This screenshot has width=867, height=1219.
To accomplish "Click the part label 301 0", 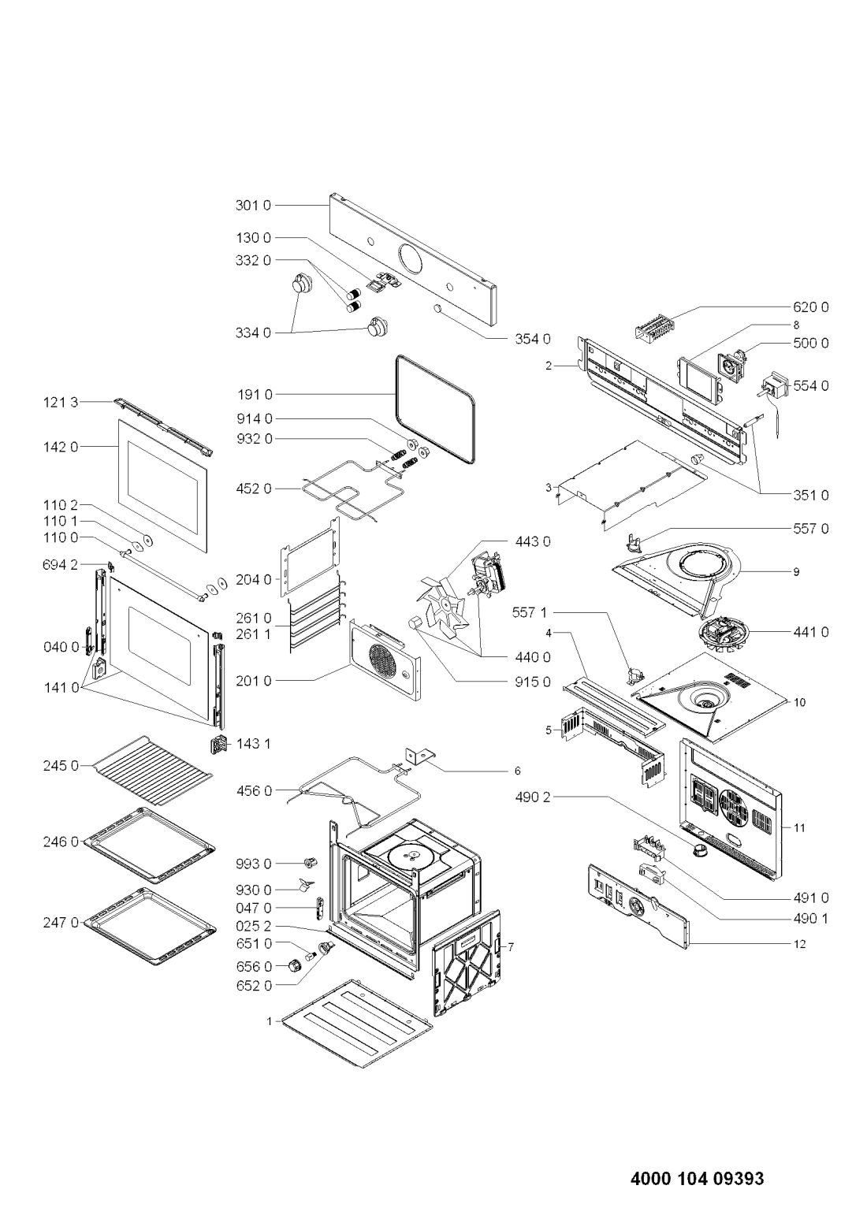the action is point(252,205).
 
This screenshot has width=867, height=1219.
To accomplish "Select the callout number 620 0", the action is point(811,307).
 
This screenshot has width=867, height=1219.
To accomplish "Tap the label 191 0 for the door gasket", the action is point(255,393).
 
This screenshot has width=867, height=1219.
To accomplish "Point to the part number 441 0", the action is point(811,632).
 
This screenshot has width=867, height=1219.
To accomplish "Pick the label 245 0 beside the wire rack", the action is point(61,766).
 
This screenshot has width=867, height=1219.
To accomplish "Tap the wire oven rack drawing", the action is point(152,771).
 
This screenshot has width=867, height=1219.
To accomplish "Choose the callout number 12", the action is point(799,944).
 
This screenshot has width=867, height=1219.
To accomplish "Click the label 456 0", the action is point(254,790).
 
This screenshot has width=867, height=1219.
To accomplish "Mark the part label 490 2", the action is point(534,797).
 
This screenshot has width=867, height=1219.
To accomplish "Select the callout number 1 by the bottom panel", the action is point(269,1021).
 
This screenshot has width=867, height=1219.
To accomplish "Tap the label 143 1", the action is point(254,743).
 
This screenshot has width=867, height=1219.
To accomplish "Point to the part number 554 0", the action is point(811,385).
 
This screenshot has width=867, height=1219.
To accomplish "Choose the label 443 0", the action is point(533,541).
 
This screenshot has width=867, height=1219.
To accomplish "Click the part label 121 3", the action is point(61,402).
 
